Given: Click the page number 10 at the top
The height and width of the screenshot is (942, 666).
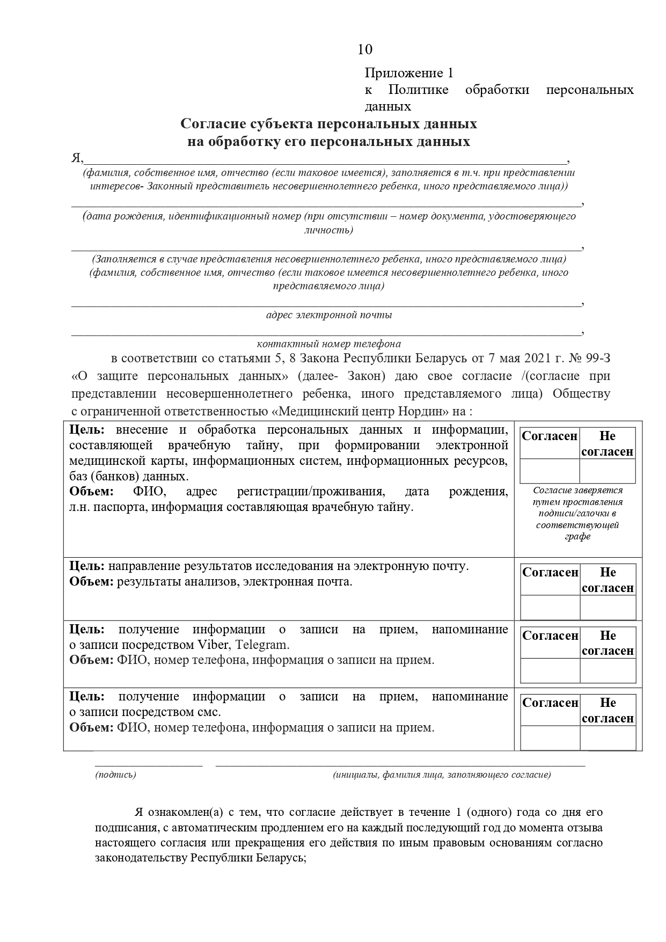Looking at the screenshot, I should pyautogui.click(x=364, y=49).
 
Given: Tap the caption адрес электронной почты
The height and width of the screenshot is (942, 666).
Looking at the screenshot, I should pyautogui.click(x=329, y=315).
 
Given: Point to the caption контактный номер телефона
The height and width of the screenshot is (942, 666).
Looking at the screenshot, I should pyautogui.click(x=328, y=344).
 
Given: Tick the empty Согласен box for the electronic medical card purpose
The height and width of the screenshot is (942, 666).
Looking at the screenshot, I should pyautogui.click(x=550, y=471).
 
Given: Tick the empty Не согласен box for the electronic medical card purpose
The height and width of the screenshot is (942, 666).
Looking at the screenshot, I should pyautogui.click(x=608, y=471).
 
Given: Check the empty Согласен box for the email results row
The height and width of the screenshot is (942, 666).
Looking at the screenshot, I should pyautogui.click(x=550, y=608).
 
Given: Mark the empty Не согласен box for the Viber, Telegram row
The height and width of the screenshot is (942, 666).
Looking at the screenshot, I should pyautogui.click(x=608, y=671).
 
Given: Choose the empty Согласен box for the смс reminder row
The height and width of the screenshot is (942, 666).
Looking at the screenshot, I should pyautogui.click(x=550, y=738).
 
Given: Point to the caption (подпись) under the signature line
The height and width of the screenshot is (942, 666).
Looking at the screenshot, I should pyautogui.click(x=115, y=775).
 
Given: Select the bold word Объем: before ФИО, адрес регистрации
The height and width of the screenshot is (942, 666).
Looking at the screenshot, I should pyautogui.click(x=92, y=492).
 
